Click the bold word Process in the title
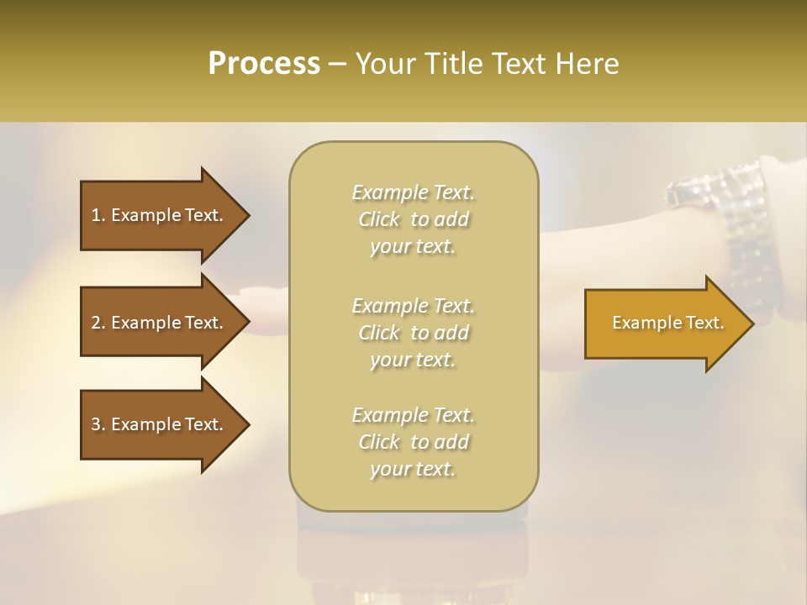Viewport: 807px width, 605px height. click(x=264, y=64)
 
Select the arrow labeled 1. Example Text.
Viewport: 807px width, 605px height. click(x=160, y=215)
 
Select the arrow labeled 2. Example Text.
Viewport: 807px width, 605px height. click(x=160, y=323)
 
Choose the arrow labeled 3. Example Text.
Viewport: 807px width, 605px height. click(x=160, y=424)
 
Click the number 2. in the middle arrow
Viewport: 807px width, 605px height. click(x=98, y=323)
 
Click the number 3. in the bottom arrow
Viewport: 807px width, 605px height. click(x=98, y=424)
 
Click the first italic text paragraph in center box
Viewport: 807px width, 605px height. click(x=413, y=219)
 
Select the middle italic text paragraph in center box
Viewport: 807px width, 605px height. click(x=413, y=333)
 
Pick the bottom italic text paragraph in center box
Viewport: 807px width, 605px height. click(x=413, y=442)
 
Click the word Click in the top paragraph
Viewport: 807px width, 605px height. click(x=379, y=220)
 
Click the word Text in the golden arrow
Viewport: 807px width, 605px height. click(x=705, y=323)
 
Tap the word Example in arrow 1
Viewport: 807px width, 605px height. click(x=145, y=215)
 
